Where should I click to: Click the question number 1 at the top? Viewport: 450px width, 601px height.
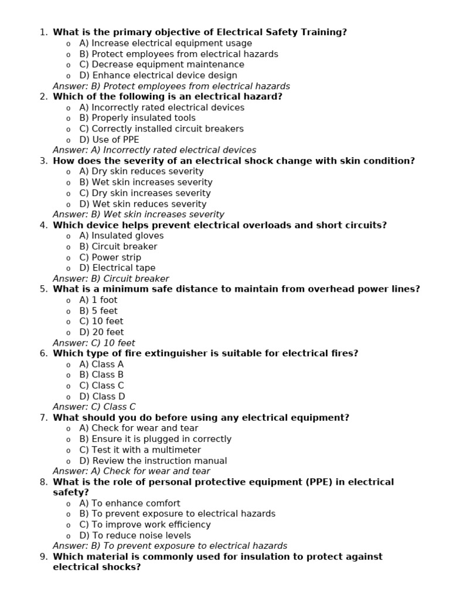pos(44,32)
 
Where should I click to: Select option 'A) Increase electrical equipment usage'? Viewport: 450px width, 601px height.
pos(165,43)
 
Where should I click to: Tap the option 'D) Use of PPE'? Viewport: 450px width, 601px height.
pos(109,140)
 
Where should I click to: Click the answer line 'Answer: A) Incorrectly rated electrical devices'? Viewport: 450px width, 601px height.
pos(154,150)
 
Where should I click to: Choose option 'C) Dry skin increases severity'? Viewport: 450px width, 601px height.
pos(145,193)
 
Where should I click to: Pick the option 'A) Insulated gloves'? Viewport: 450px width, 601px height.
pos(121,236)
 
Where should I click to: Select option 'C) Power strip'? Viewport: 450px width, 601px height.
pos(110,257)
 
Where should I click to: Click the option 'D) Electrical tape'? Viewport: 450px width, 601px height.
pos(117,268)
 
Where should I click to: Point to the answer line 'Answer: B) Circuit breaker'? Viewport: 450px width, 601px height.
pos(111,279)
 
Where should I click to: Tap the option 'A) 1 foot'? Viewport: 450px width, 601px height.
pos(98,300)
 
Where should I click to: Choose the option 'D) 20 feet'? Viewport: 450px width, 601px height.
pos(101,332)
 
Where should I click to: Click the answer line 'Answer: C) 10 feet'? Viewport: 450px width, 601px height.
pos(94,343)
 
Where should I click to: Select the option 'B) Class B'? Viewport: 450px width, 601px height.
pos(101,374)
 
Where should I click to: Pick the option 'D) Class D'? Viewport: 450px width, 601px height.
pos(102,396)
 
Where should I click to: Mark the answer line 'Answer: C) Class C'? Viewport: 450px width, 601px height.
pos(94,407)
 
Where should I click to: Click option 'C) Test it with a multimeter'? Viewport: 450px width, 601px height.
pos(140,450)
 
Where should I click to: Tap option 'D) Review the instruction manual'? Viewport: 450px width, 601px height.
pos(153,461)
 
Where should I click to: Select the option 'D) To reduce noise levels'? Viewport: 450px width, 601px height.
pos(135,535)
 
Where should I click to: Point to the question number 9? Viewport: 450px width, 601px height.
pos(44,556)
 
